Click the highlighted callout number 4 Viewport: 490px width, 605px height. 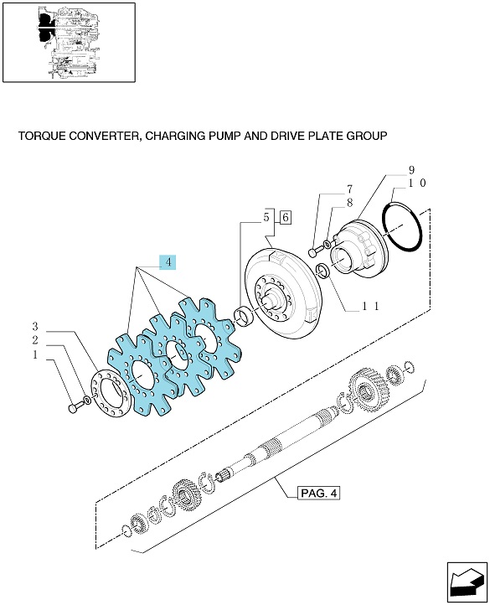(168, 262)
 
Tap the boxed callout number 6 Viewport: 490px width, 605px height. (285, 217)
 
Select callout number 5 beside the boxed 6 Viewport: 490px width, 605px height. (266, 217)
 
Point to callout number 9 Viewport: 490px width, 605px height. (411, 170)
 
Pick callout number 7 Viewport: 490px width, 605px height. (349, 189)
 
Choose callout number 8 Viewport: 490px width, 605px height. (349, 203)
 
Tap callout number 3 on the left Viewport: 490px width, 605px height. (35, 327)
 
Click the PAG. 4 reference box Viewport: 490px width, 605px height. (318, 493)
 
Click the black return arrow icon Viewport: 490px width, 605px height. (467, 582)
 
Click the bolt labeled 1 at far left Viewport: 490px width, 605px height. (77, 406)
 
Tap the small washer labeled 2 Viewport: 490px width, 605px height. (88, 400)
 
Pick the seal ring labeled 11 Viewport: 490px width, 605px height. (323, 270)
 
